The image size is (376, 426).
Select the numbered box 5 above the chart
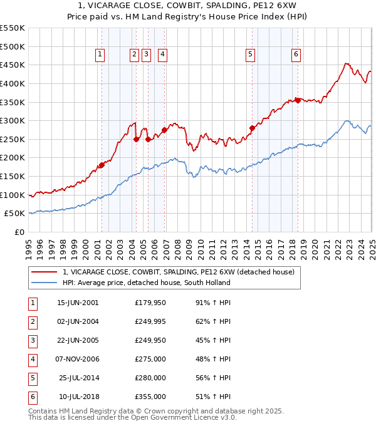coord(250,55)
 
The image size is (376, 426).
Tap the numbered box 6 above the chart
coord(295,55)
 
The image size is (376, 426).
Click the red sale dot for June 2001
coord(101,165)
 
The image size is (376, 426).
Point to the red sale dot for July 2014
coord(252,128)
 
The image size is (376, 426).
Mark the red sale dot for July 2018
coord(297,100)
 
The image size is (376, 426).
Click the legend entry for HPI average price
coord(146,283)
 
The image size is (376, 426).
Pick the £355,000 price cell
coord(150,397)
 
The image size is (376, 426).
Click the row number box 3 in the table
coord(31,341)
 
